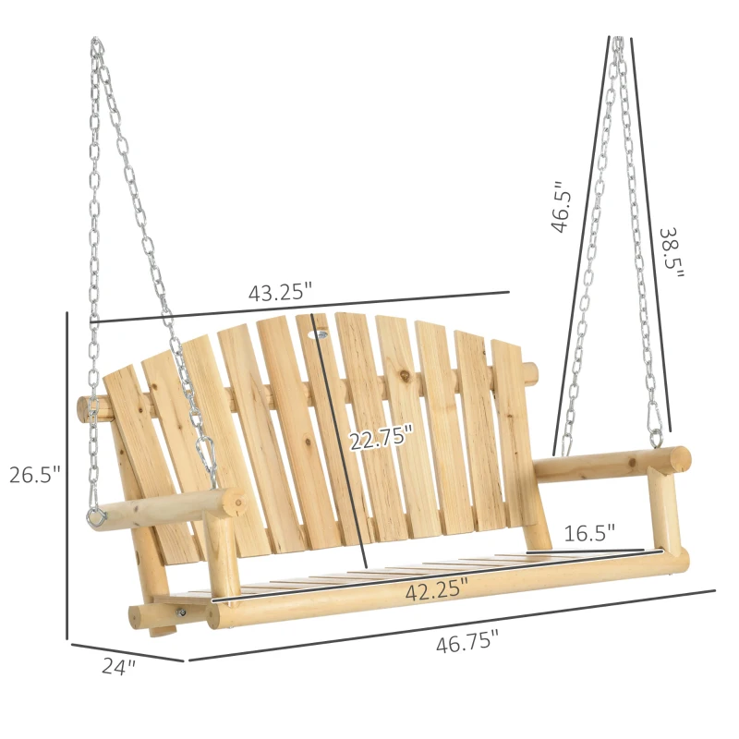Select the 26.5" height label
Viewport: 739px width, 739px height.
click(34, 475)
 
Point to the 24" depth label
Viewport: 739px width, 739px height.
click(118, 665)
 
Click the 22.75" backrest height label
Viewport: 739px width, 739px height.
click(381, 440)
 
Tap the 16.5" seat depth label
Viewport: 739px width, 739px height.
click(588, 533)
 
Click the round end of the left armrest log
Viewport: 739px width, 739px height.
click(235, 503)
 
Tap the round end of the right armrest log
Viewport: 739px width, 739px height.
click(679, 458)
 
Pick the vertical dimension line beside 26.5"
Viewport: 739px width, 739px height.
click(67, 475)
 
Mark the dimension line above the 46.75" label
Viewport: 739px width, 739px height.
click(453, 624)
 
